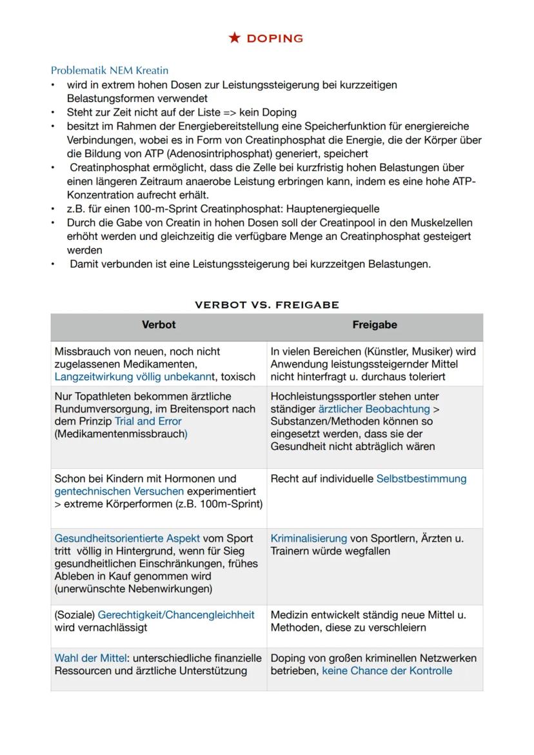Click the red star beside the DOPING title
click(x=234, y=38)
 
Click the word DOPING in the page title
click(x=275, y=39)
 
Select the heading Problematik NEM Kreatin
click(x=109, y=70)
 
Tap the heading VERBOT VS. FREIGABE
click(x=266, y=304)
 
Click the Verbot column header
click(x=159, y=325)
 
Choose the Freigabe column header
click(x=375, y=325)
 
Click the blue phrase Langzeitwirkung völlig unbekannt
click(x=135, y=377)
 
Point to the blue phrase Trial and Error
click(x=148, y=421)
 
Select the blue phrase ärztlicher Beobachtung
click(x=373, y=409)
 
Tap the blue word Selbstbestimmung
click(x=421, y=478)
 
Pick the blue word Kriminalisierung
click(x=308, y=538)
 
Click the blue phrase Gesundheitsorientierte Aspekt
click(x=128, y=538)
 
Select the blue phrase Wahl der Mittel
click(x=90, y=658)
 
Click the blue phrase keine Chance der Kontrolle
click(x=387, y=671)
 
